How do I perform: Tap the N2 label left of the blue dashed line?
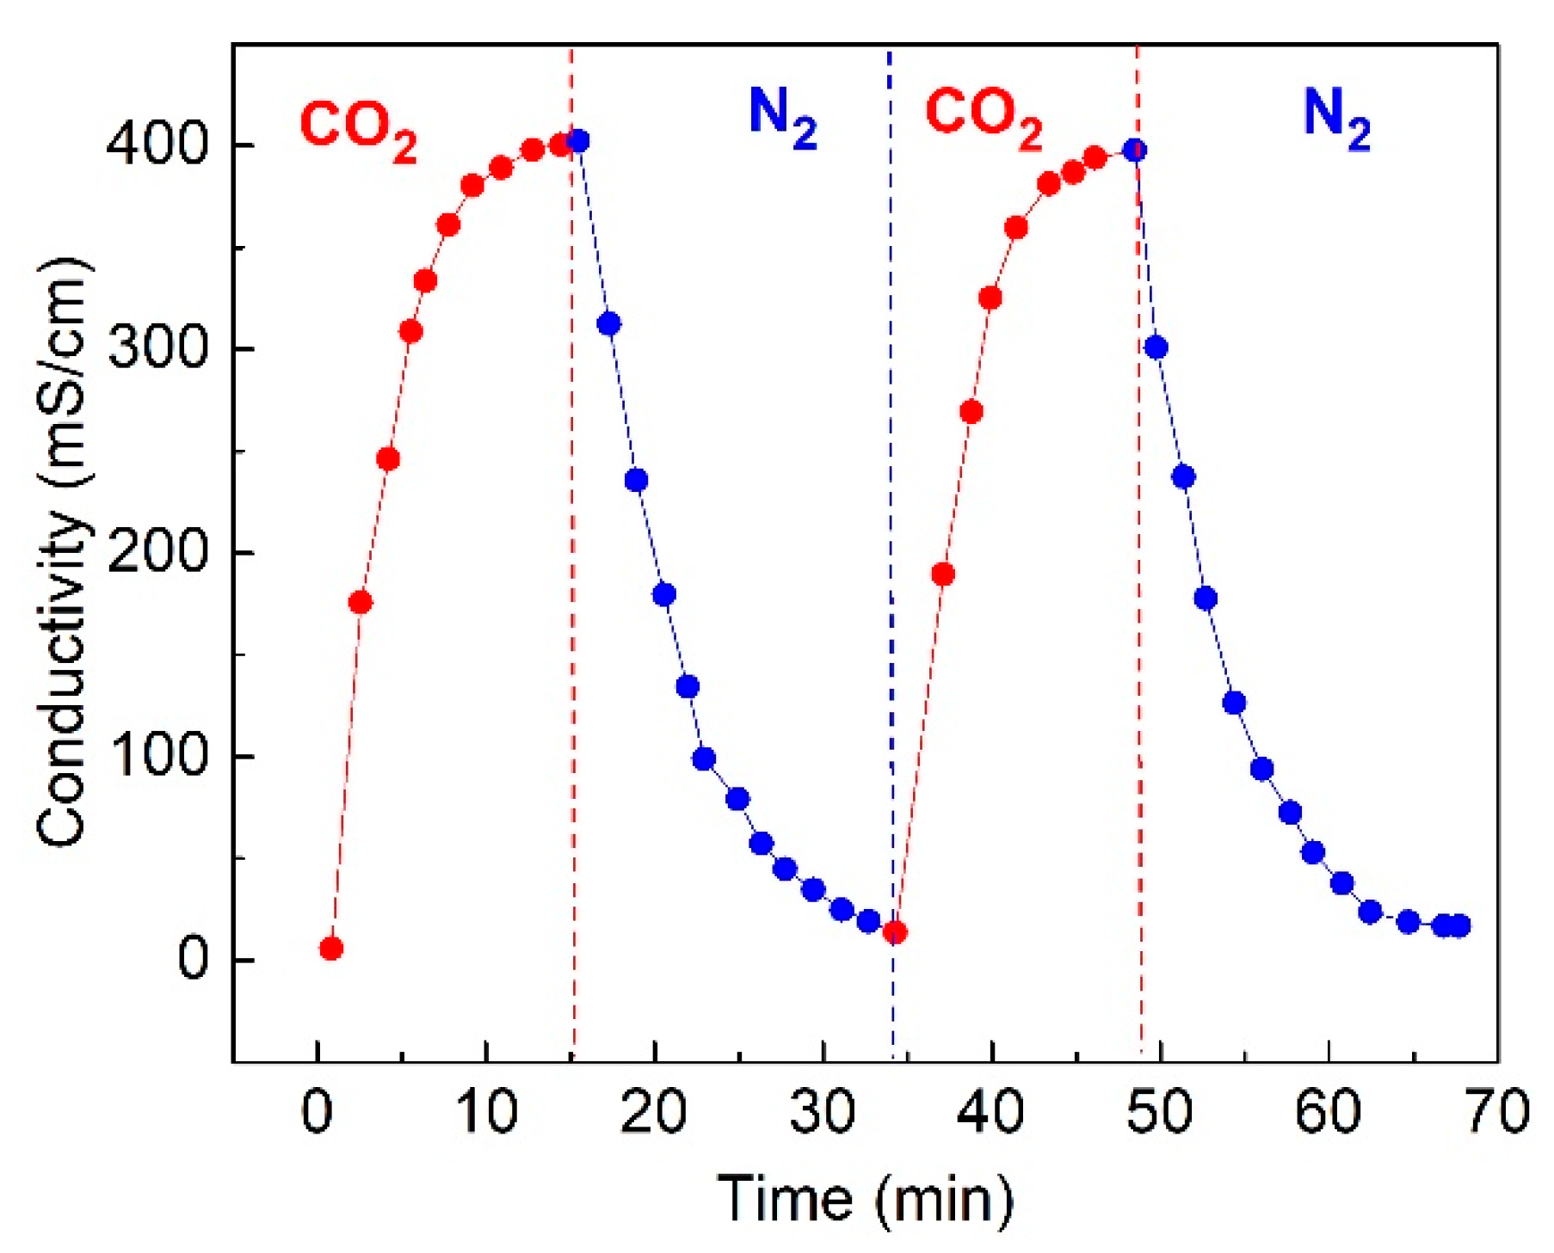(782, 117)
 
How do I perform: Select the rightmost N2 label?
(1336, 118)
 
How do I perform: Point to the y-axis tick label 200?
(157, 552)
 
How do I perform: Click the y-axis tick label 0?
(193, 960)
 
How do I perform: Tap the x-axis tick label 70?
(1497, 1110)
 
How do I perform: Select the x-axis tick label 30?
(823, 1110)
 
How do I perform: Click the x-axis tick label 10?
(486, 1110)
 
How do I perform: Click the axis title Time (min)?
(865, 1199)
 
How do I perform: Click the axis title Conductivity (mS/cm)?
(62, 550)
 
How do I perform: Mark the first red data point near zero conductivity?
(331, 949)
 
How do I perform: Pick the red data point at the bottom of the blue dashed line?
(895, 932)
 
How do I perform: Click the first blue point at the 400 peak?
(579, 141)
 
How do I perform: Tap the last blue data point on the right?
(1458, 926)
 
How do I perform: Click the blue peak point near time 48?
(1135, 150)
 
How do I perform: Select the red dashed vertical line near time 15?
(572, 602)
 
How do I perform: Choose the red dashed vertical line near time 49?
(1139, 602)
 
